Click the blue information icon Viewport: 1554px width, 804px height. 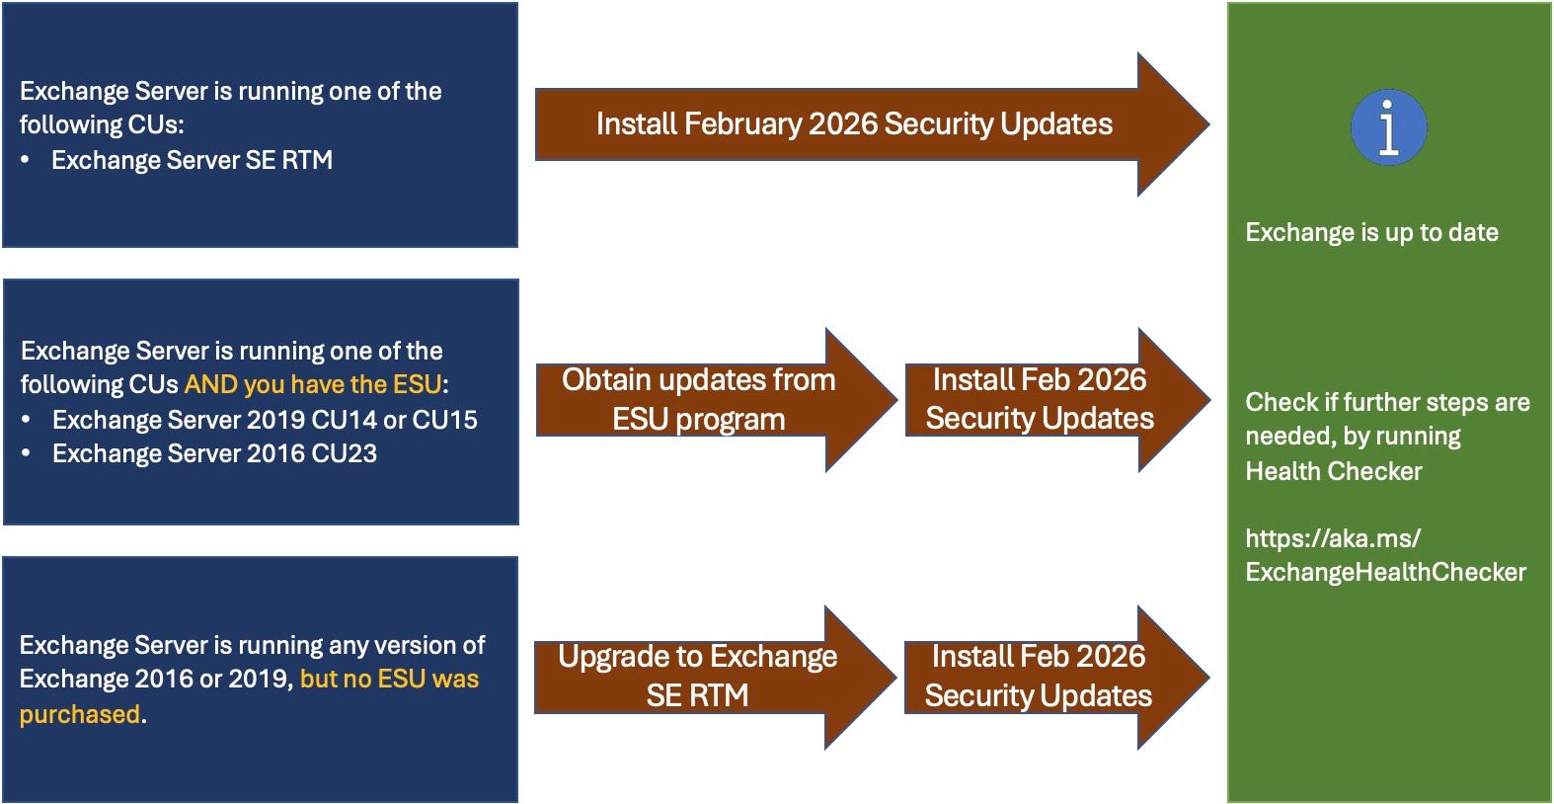(x=1388, y=127)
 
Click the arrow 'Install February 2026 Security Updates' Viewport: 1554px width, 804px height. (x=854, y=124)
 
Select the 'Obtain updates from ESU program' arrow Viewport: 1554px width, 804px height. (x=699, y=400)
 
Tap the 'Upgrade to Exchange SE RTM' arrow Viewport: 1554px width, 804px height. (x=697, y=677)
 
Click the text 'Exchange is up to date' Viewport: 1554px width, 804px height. (x=1371, y=233)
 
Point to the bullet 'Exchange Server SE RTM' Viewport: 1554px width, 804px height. (x=192, y=160)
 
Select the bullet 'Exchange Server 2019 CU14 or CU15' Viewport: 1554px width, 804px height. (x=265, y=420)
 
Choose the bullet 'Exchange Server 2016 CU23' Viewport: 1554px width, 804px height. (x=214, y=453)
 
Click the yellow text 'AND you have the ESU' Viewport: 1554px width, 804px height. (x=313, y=384)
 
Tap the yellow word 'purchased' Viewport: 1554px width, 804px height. (x=80, y=714)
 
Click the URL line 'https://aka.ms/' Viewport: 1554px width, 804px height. (x=1333, y=538)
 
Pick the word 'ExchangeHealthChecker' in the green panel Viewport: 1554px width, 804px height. (x=1385, y=572)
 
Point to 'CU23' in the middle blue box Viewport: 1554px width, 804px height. (x=344, y=453)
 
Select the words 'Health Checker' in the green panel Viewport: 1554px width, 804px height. (x=1333, y=471)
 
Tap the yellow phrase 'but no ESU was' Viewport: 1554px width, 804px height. (x=389, y=680)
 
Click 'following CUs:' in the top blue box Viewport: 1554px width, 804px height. (x=102, y=125)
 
